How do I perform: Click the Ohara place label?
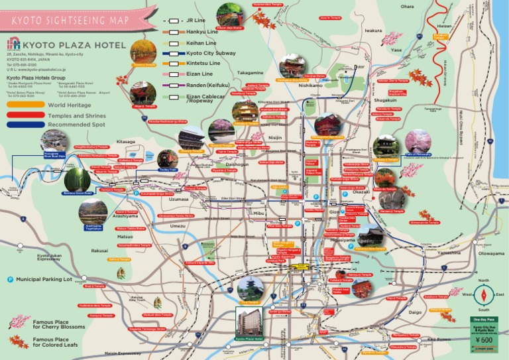[408, 7]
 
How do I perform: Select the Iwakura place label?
[373, 30]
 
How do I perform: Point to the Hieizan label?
[445, 27]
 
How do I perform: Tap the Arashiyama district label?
[106, 216]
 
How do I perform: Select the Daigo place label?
[415, 312]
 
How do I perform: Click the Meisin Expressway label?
[123, 353]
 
